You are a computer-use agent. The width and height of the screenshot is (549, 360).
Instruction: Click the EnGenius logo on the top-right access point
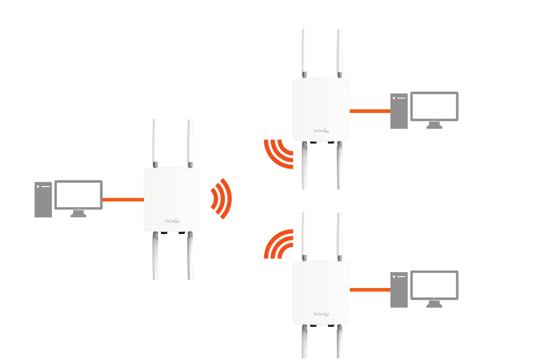tap(322, 131)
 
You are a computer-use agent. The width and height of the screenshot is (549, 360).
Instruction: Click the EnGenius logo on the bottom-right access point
tap(322, 314)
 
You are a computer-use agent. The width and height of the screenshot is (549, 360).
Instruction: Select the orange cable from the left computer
tap(123, 200)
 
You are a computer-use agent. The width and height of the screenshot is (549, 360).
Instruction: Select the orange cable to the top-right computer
tap(370, 111)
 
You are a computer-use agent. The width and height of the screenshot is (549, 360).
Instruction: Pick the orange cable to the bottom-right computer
tap(370, 289)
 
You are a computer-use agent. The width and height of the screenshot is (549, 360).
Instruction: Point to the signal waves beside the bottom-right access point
tap(278, 244)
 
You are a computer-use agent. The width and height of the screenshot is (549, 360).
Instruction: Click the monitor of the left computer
tap(79, 194)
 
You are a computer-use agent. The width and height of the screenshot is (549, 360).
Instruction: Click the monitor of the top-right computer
tap(434, 106)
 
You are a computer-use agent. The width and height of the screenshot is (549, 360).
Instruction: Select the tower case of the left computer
tap(43, 200)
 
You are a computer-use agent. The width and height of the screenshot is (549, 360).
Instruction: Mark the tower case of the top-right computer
tap(399, 111)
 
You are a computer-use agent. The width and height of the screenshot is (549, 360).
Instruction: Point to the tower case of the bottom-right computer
tap(399, 290)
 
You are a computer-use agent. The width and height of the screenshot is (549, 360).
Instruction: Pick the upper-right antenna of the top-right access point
tap(339, 52)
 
